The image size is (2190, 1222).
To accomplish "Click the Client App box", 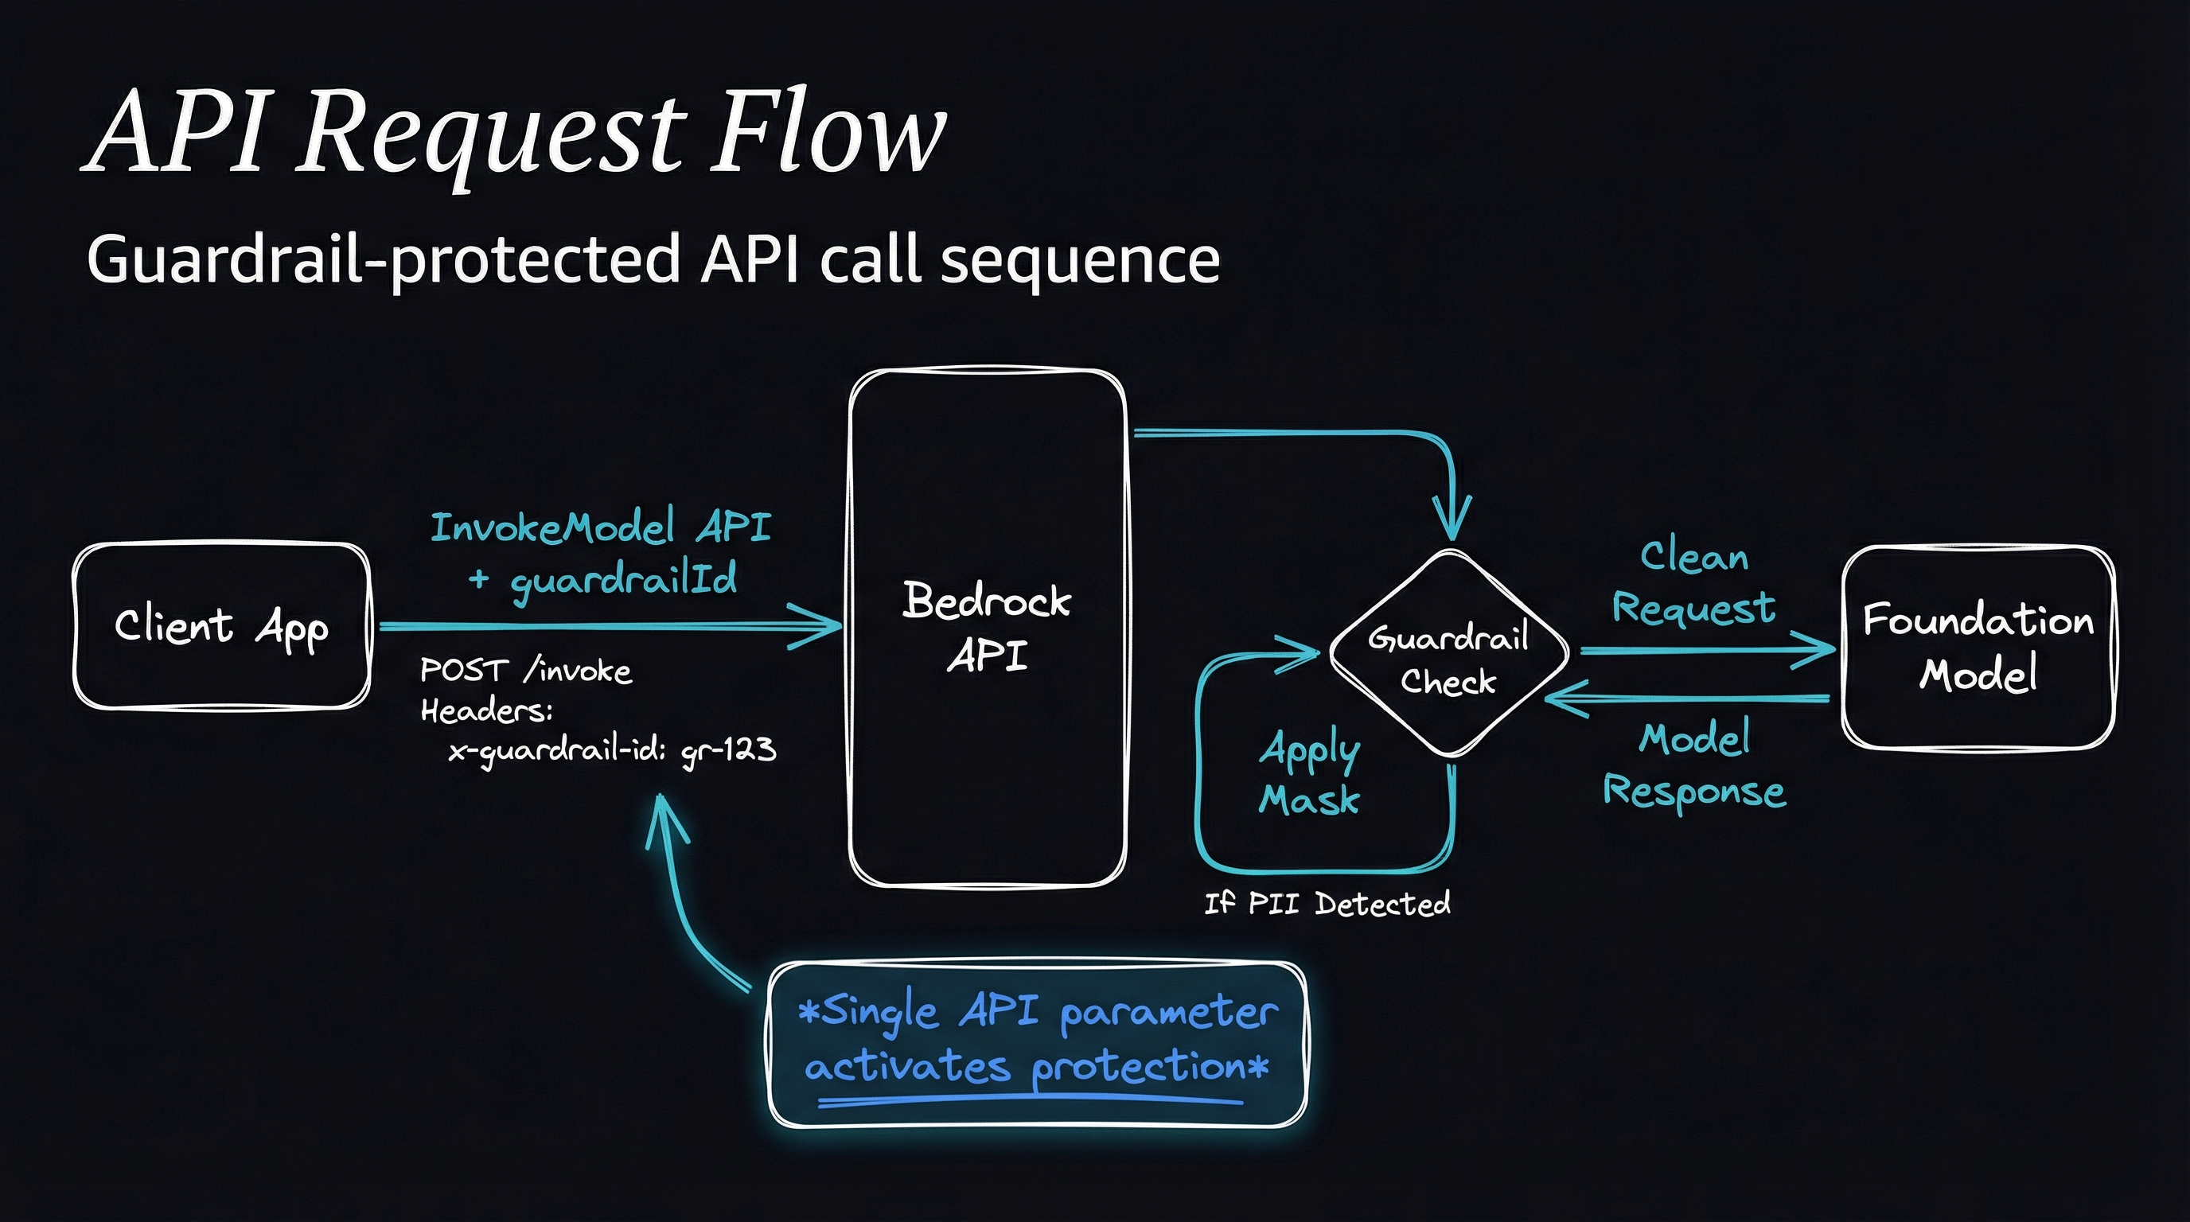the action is click(222, 625).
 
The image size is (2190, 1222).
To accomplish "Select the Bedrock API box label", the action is click(987, 627).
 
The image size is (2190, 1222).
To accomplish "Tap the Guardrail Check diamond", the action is click(1448, 652).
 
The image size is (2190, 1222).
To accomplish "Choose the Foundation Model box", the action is click(1978, 647).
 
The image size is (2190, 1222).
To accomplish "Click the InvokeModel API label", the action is click(600, 527).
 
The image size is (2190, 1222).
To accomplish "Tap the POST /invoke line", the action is click(525, 671).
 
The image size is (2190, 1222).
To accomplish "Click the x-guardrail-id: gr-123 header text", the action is click(612, 749).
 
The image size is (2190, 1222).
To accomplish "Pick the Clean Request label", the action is click(1693, 583).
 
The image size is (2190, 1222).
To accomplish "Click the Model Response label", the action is click(1693, 765).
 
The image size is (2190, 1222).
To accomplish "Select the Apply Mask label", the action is click(1309, 773).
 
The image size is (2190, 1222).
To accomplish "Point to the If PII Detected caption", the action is click(1327, 903).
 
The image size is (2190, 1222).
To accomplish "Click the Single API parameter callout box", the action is click(1037, 1045).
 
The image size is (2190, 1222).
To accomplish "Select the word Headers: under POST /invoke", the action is click(486, 710).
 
